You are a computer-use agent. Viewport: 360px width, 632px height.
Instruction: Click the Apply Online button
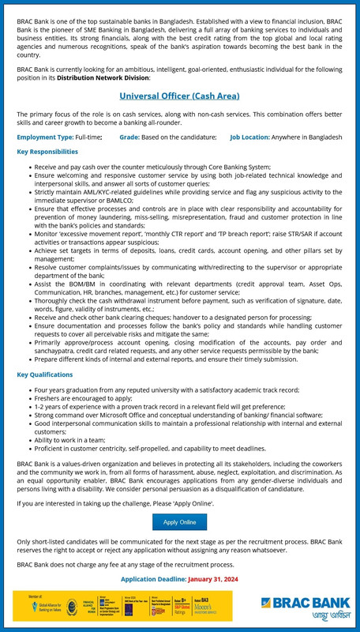click(x=179, y=522)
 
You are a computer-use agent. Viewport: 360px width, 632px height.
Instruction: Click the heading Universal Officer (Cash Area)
click(x=179, y=96)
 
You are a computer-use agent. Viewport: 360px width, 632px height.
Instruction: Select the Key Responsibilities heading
click(x=47, y=151)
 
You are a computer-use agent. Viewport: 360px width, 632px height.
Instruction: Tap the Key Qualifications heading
click(x=44, y=374)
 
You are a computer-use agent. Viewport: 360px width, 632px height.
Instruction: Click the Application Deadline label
click(x=153, y=578)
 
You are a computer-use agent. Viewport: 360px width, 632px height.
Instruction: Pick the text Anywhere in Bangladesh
click(x=312, y=137)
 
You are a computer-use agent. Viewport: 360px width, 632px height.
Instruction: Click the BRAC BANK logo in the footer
click(x=305, y=604)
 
